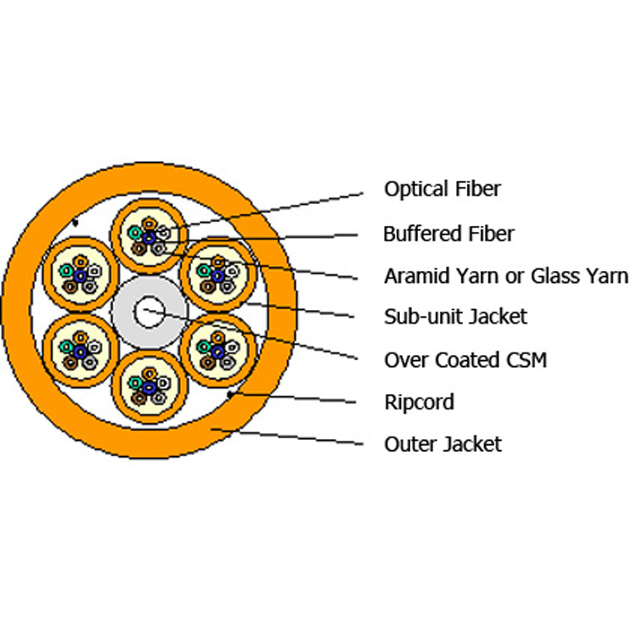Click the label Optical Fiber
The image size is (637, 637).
443,189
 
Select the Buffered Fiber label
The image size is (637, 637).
448,234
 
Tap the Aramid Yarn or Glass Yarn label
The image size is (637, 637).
506,276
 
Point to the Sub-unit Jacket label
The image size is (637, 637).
455,317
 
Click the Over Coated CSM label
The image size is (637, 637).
465,360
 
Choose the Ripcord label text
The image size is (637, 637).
420,403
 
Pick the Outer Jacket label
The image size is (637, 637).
443,444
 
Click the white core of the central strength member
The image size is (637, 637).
149,312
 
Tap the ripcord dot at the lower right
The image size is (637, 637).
230,394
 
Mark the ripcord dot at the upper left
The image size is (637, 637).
75,223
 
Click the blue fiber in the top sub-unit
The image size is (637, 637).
149,238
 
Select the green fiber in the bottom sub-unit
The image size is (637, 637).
134,382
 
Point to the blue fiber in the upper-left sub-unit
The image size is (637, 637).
81,276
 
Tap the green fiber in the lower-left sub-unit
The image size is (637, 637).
66,347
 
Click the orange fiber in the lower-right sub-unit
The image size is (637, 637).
217,337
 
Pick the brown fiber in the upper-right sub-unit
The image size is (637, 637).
207,286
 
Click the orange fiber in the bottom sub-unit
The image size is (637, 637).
149,374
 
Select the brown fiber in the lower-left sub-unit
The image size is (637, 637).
70,363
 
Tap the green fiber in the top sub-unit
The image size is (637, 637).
134,233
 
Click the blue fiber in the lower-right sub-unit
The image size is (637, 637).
217,352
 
